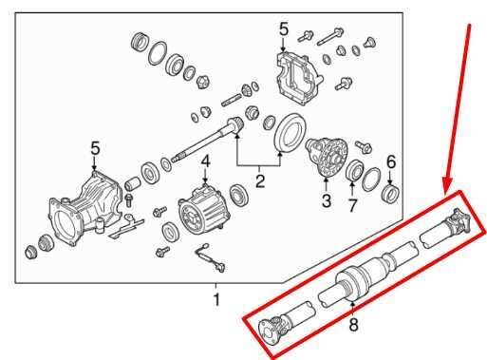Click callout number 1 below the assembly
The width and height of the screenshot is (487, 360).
216,300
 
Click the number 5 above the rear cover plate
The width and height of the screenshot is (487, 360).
284,30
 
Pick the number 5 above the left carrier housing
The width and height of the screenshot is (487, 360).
94,147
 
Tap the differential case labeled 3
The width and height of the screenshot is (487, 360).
330,156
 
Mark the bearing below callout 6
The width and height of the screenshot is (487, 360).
389,194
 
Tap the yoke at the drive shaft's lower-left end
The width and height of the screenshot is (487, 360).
274,327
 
